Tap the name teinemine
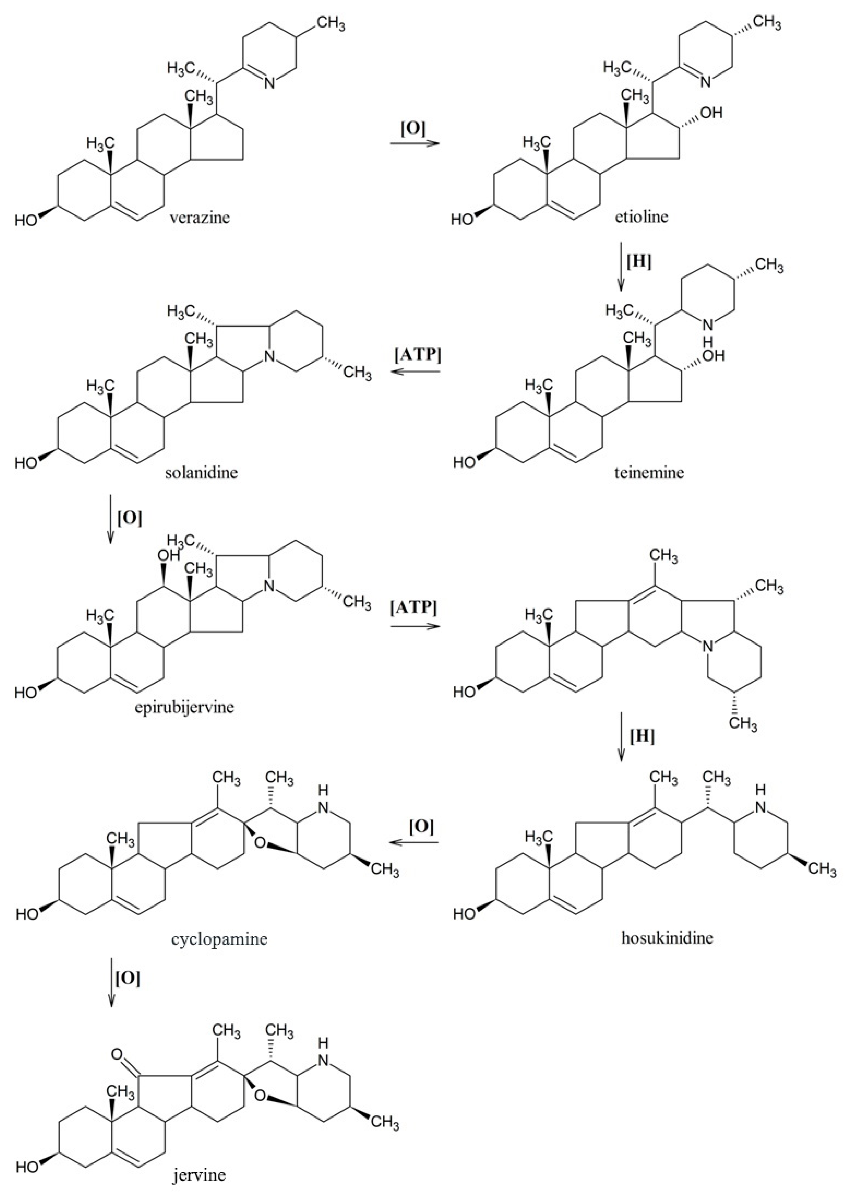tap(649, 473)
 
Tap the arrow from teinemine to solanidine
tap(416, 372)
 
